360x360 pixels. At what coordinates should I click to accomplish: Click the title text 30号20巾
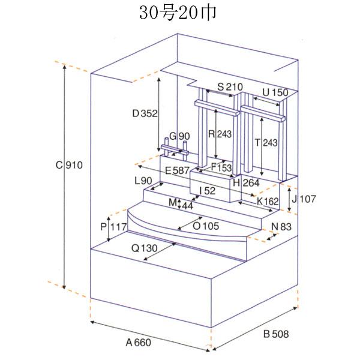tap(178, 13)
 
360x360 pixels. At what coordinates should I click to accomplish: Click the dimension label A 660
tap(139, 343)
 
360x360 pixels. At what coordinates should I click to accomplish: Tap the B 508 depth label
tap(276, 334)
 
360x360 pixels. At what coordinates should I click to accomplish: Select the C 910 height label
tap(69, 165)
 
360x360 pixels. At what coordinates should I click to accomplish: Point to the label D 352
tap(145, 113)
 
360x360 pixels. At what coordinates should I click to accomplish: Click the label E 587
tap(178, 170)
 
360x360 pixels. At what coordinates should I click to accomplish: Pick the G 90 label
tap(179, 136)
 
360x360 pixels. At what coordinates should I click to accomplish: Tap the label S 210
tap(230, 87)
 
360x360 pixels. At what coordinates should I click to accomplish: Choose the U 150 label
tap(275, 92)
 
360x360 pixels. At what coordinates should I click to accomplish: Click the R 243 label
tap(220, 134)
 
